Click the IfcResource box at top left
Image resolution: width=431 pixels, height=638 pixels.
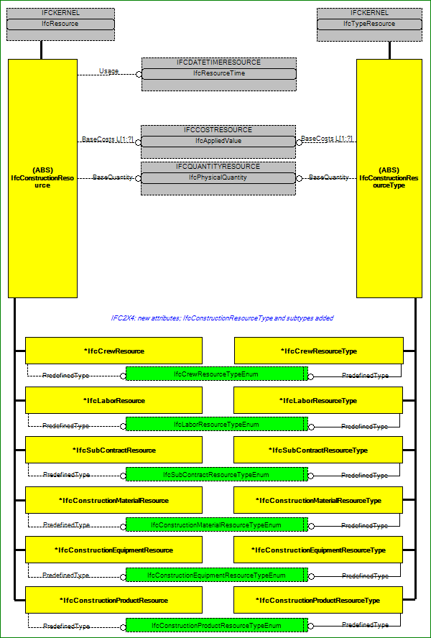click(x=60, y=24)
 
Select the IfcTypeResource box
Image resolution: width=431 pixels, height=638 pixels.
click(x=369, y=24)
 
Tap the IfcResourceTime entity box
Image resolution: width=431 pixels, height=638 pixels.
click(x=219, y=74)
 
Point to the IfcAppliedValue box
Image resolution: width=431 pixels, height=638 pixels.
click(x=218, y=142)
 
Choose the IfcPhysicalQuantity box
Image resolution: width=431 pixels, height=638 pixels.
click(x=218, y=177)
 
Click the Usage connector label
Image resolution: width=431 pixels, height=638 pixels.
click(x=109, y=71)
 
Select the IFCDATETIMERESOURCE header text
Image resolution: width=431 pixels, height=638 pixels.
click(x=218, y=63)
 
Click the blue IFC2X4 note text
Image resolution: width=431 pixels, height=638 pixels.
click(x=222, y=318)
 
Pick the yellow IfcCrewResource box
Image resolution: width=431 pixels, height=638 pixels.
click(x=114, y=351)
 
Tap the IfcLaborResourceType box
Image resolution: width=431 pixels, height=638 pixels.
click(x=318, y=400)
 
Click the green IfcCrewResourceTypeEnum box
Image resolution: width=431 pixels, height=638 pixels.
click(x=217, y=374)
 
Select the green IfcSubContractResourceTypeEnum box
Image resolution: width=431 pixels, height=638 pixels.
click(x=217, y=474)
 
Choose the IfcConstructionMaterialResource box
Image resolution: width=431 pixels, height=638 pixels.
click(x=114, y=500)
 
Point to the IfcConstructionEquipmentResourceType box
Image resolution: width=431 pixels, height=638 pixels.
click(x=318, y=550)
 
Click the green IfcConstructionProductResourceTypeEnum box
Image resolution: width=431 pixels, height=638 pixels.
click(x=217, y=625)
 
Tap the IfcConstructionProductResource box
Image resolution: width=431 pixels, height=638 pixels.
click(x=114, y=600)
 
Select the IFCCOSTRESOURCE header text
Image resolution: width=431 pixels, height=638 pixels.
click(x=218, y=130)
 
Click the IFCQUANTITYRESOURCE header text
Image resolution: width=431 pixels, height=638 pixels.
click(x=218, y=167)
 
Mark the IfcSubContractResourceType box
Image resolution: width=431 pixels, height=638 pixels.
click(x=318, y=450)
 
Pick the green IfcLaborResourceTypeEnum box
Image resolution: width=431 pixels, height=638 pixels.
click(x=217, y=424)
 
